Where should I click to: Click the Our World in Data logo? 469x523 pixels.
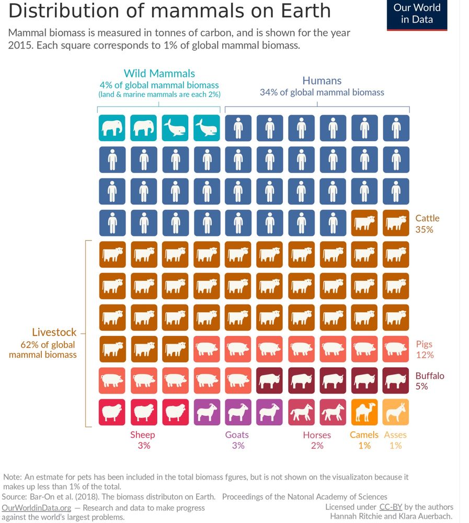[x=417, y=15]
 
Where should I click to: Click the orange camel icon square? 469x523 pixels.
[x=364, y=412]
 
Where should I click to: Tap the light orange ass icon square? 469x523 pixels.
[x=396, y=412]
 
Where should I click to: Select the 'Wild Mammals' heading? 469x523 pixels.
[x=159, y=74]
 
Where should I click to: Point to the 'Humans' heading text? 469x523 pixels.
[x=322, y=81]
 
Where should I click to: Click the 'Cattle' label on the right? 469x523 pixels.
[x=427, y=218]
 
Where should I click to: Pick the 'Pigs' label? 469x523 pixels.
[x=425, y=344]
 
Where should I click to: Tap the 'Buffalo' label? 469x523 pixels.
[x=430, y=376]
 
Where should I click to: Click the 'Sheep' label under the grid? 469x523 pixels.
[x=143, y=435]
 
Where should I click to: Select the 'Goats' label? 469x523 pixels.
[x=237, y=435]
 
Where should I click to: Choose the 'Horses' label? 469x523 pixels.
[x=317, y=435]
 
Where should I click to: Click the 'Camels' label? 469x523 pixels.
[x=364, y=435]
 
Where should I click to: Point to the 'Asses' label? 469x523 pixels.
[x=395, y=435]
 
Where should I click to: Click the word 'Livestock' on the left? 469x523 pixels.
[x=54, y=332]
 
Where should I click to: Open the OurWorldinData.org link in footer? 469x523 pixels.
[x=36, y=508]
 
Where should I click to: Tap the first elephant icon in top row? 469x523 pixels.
[x=112, y=128]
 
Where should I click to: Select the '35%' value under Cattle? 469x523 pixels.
[x=425, y=229]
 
